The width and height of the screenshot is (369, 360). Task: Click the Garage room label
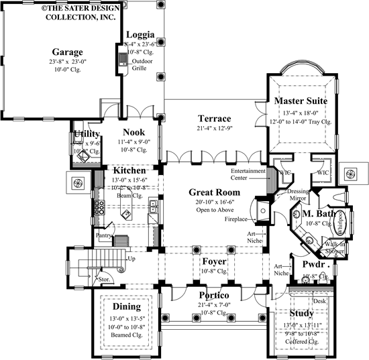(x=68, y=52)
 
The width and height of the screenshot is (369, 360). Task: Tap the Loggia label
(x=140, y=34)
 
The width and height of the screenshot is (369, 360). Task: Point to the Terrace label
(x=215, y=119)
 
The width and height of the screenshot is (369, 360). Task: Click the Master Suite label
(x=301, y=101)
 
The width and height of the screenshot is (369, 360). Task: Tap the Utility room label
(x=89, y=135)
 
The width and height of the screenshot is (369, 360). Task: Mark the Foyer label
(x=213, y=261)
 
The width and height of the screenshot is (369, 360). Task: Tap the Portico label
(x=215, y=296)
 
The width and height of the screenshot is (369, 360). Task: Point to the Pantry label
(x=103, y=235)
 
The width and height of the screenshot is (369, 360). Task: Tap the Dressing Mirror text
(x=298, y=194)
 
